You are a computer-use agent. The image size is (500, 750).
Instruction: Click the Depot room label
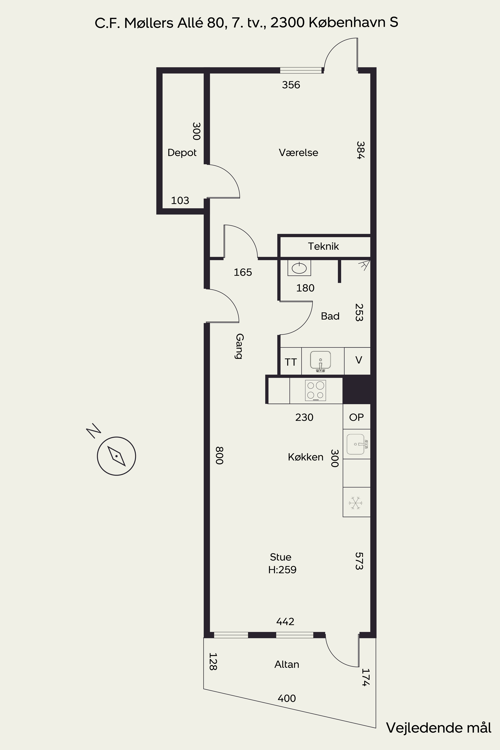[182, 153]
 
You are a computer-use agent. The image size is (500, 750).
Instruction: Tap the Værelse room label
[298, 152]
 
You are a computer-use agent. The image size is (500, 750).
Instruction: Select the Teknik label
[323, 246]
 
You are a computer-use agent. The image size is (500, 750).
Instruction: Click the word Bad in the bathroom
[330, 316]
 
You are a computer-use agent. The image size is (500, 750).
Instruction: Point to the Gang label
[239, 346]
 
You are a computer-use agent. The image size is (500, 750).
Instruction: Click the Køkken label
[305, 457]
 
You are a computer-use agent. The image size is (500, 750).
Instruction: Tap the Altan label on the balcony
[287, 664]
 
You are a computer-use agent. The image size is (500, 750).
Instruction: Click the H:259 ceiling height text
[282, 569]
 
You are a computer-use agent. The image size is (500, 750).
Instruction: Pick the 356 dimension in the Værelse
[291, 85]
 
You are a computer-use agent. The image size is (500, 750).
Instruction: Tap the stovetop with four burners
[315, 390]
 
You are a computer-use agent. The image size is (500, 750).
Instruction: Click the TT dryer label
[290, 362]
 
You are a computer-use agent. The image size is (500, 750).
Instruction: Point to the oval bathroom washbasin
[299, 268]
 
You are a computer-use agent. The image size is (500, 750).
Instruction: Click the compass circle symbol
[116, 456]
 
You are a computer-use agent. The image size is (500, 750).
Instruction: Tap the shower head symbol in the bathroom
[364, 265]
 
